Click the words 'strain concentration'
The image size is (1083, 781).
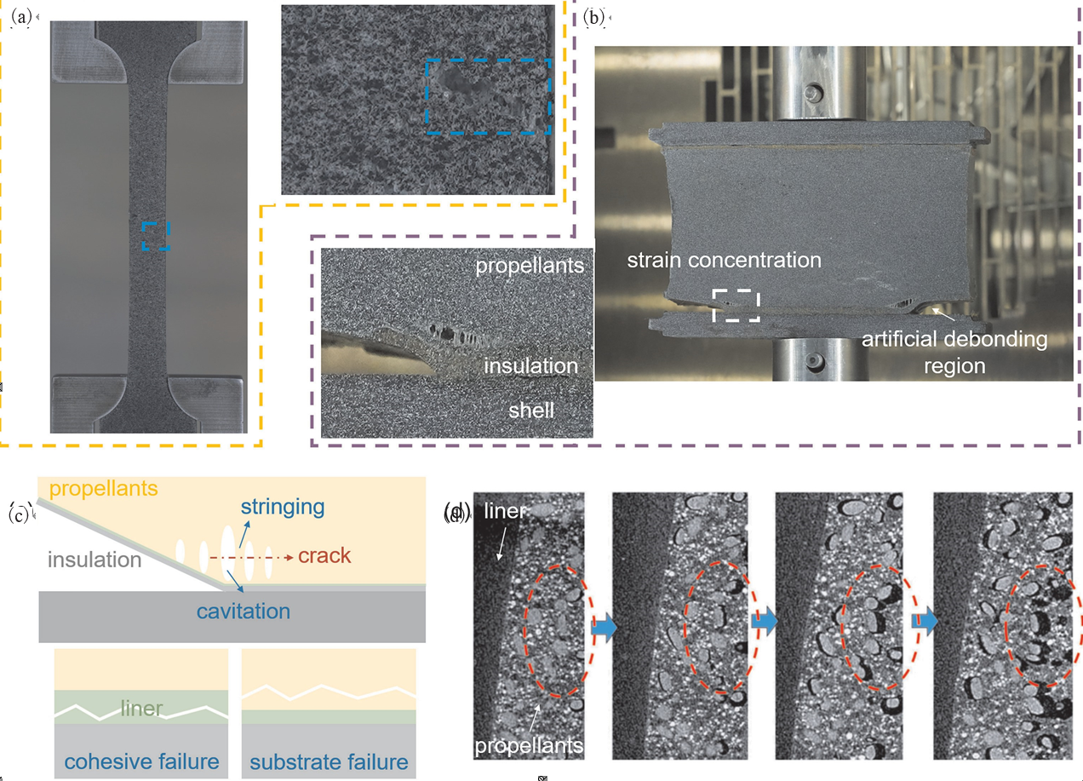[x=724, y=260]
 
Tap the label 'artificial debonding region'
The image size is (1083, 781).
[x=954, y=352]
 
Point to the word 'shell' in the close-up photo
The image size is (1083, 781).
[x=531, y=411]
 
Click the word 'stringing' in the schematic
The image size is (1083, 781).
[x=283, y=508]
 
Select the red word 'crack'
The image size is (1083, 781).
[x=324, y=555]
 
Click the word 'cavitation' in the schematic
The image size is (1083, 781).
[x=244, y=612]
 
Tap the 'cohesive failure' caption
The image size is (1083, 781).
[x=141, y=761]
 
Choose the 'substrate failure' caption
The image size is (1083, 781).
[x=329, y=762]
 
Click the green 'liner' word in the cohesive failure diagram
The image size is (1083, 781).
[x=141, y=709]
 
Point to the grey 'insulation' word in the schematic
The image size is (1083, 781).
[x=95, y=560]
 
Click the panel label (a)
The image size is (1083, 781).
[x=20, y=17]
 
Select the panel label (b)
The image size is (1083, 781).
[x=593, y=18]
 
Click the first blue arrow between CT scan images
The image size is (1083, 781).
[x=604, y=627]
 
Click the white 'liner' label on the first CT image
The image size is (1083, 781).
[x=505, y=511]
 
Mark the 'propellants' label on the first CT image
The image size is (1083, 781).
[x=529, y=745]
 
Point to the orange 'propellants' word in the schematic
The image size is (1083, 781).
[x=104, y=489]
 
